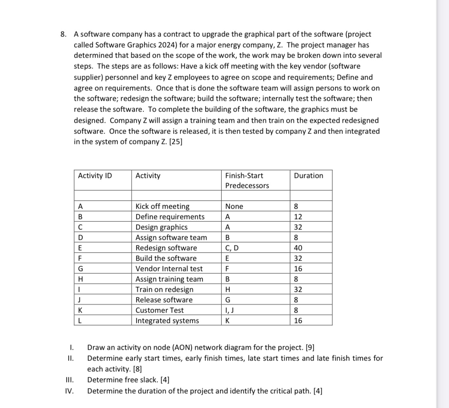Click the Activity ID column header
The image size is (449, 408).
(x=95, y=176)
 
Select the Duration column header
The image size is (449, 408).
(x=308, y=176)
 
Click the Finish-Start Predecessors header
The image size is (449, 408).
(x=247, y=181)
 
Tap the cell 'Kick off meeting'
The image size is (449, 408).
(x=163, y=207)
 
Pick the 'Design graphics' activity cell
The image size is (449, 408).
(x=161, y=227)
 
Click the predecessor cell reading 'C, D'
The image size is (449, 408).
(x=232, y=248)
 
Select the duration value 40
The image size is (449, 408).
(x=298, y=248)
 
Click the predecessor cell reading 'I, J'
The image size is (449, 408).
(x=230, y=310)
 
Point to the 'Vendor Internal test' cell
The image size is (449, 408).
(x=169, y=269)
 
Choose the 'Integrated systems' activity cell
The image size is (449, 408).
(x=167, y=321)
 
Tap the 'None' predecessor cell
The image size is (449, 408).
(x=234, y=207)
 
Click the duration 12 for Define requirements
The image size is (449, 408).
(x=298, y=217)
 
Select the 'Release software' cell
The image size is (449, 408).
(x=164, y=300)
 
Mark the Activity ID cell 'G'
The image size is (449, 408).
(x=80, y=269)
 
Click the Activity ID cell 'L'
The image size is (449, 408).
(x=80, y=321)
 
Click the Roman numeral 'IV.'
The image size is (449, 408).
(x=69, y=391)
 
